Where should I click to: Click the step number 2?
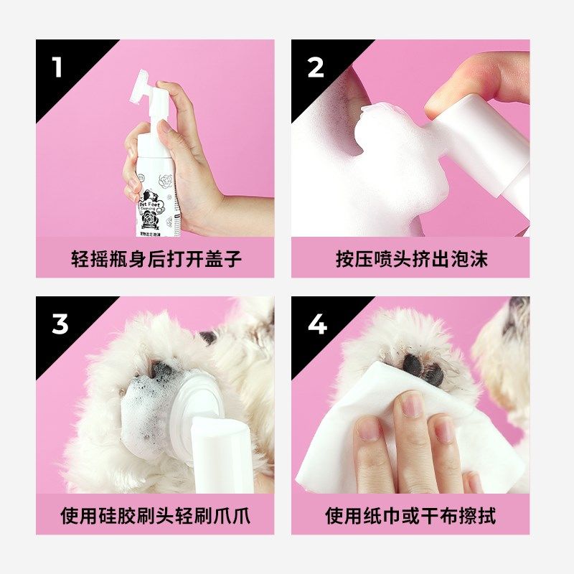tap(316, 67)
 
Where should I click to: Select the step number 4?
tap(317, 324)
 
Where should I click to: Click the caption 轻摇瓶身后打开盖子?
tap(156, 258)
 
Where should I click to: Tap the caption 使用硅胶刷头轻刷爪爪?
tap(156, 514)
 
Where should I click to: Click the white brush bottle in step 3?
tap(215, 445)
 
